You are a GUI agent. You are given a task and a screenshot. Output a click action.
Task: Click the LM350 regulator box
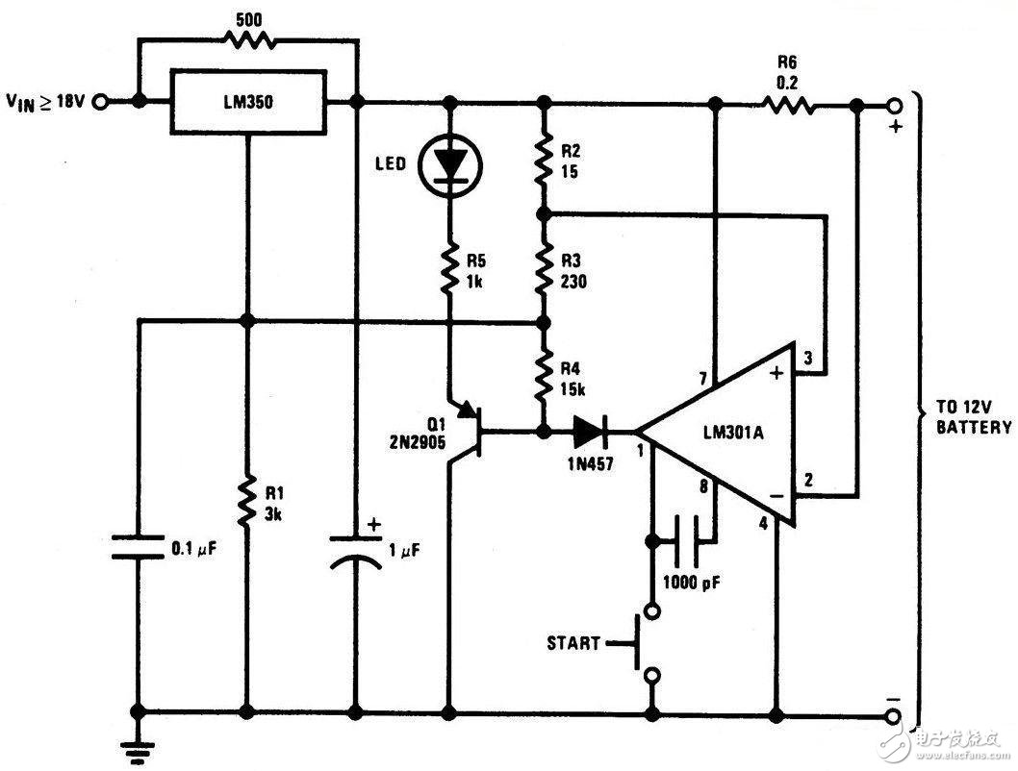coord(247,101)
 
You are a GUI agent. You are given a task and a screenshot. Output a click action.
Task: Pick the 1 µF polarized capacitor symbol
coord(356,548)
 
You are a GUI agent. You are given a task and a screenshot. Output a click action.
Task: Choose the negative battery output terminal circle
coord(895,714)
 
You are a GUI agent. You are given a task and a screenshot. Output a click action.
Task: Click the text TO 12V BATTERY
coord(971,416)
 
